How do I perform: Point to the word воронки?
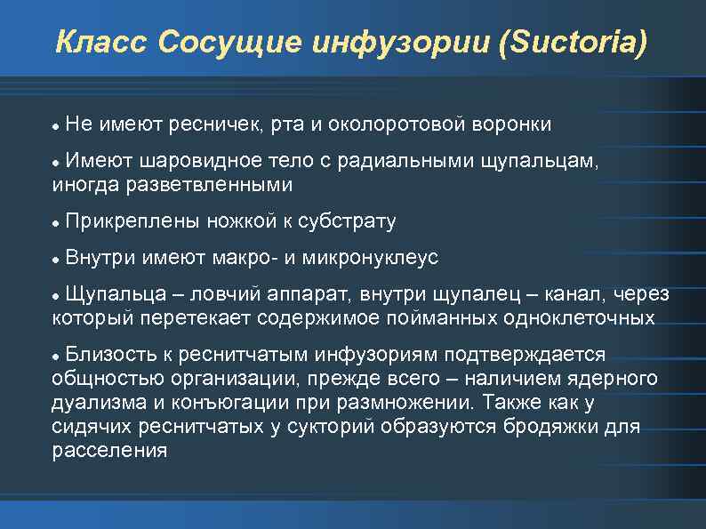coord(510,124)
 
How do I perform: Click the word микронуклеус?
coord(371,258)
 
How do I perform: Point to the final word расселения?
coord(109,451)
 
